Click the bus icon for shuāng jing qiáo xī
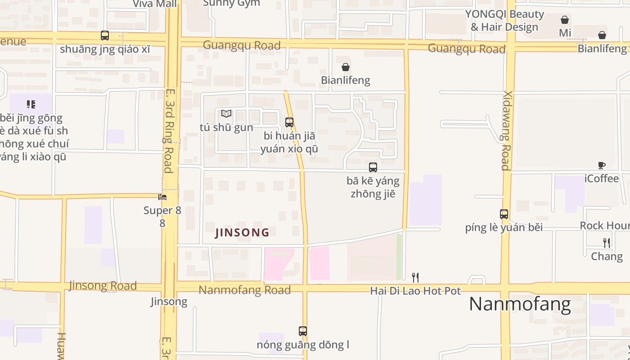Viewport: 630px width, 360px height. pos(105,35)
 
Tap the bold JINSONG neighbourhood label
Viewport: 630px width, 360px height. pos(242,233)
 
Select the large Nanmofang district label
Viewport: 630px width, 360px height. pos(520,304)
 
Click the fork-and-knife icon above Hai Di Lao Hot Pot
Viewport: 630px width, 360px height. pos(415,277)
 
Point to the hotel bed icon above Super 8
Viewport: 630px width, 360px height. pos(162,197)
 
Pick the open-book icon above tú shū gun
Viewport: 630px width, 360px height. pos(226,114)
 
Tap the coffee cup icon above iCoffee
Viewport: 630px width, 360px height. pos(602,165)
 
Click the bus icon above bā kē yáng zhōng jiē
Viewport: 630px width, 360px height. pos(373,167)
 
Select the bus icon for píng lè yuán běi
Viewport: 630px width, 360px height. pos(504,214)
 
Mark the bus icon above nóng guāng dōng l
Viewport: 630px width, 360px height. pos(303,331)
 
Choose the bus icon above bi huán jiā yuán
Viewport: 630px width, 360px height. pos(289,122)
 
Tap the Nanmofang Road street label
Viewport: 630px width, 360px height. pos(244,290)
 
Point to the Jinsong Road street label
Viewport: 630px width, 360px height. pos(103,286)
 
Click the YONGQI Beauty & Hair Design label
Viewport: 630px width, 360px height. pos(504,21)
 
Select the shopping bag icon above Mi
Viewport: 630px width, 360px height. pos(565,20)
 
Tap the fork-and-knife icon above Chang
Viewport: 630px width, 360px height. pos(607,243)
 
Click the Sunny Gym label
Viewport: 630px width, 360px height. pos(231,3)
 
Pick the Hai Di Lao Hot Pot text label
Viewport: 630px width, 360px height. pos(415,291)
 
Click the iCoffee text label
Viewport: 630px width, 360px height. pos(602,179)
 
